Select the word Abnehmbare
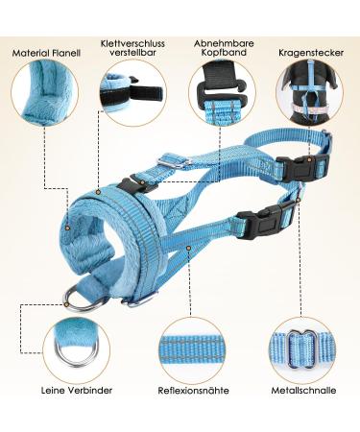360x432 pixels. point(223,42)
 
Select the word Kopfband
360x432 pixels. point(223,55)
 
